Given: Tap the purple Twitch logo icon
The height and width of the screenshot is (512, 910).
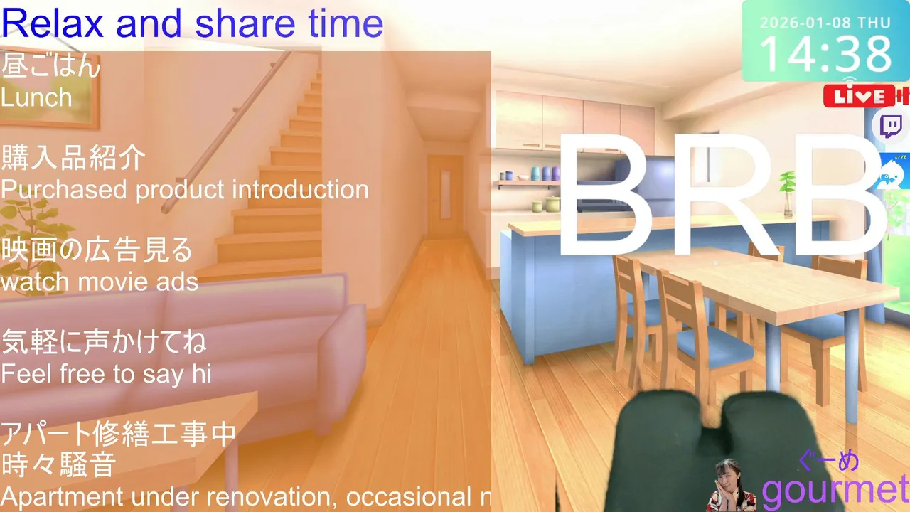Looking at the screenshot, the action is coord(892,127).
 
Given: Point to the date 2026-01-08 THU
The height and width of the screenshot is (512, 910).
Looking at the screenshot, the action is coord(825,23).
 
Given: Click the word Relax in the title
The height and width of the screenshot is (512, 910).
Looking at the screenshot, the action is coord(53,23).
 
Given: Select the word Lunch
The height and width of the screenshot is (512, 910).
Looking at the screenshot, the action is coord(36,97).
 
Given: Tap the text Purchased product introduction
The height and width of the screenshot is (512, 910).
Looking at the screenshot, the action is coord(185,190).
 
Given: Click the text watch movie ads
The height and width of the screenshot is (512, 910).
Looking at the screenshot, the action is coord(100,282).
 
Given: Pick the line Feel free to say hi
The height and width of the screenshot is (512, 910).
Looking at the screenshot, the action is coord(106,374).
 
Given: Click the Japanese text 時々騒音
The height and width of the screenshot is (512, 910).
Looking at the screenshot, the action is coord(59,465).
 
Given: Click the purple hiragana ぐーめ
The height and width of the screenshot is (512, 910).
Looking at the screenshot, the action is coord(829,461).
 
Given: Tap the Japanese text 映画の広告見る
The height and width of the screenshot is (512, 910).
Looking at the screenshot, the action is coord(96,250).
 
